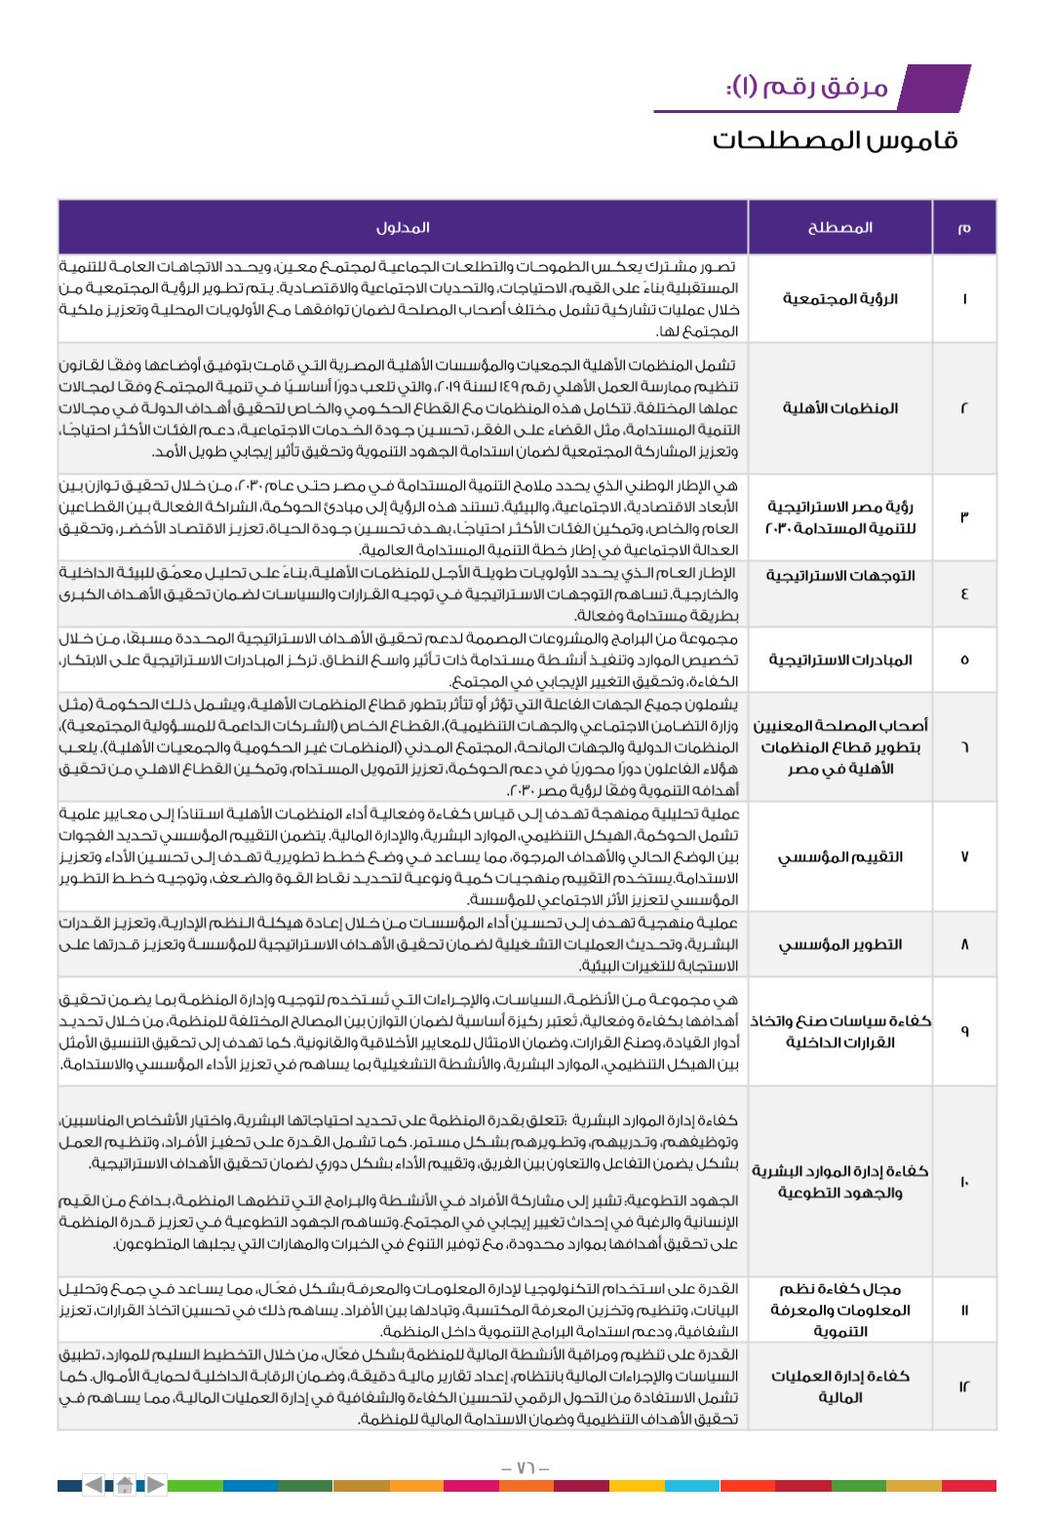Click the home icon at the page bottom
coord(125,1486)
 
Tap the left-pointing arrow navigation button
coord(94,1486)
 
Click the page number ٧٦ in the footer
coord(526,1468)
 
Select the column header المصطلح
coord(839,227)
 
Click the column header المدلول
coord(403,227)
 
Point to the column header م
coord(963,227)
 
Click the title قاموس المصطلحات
coord(835,140)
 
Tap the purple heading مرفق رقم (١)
coord(807,88)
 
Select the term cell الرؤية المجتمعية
coord(839,298)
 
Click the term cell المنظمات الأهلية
coord(839,407)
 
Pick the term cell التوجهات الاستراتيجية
coord(839,576)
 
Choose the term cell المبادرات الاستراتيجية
coord(839,660)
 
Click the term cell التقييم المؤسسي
coord(839,856)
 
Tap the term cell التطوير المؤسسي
coord(839,944)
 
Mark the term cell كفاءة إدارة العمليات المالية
coord(839,1387)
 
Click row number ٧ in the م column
coord(963,856)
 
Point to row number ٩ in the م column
coord(963,1031)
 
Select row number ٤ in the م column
coord(963,593)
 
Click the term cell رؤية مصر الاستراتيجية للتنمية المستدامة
coord(839,516)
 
